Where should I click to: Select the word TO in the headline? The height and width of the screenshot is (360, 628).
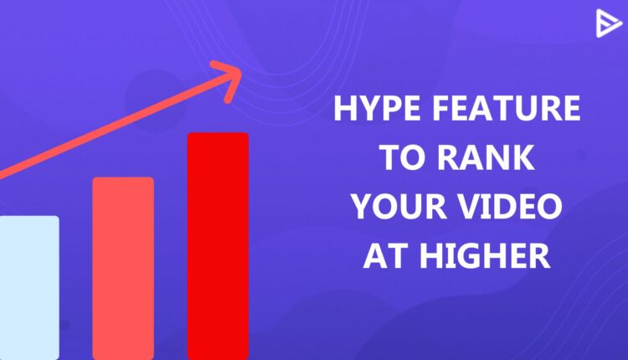point(400,158)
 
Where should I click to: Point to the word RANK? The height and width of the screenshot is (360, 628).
point(485,158)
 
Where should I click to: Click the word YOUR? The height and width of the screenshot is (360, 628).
point(400,207)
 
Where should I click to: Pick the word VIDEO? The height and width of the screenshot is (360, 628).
point(511,207)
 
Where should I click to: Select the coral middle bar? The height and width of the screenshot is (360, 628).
point(123,268)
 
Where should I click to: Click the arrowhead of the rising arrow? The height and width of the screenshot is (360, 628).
point(228,76)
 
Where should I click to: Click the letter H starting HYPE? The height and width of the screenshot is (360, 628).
point(343,111)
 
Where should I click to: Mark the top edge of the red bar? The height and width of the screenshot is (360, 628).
point(218,134)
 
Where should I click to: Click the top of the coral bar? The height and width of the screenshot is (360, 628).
point(123,179)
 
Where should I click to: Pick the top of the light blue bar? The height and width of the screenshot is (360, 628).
point(28,218)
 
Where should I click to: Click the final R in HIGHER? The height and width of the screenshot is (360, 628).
point(539,255)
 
